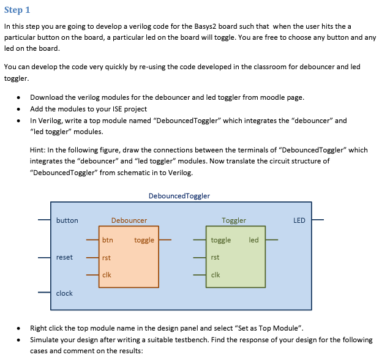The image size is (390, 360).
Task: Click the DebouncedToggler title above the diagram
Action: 179,196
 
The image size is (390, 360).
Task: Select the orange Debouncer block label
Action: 129,220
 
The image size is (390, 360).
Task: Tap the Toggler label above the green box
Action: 234,220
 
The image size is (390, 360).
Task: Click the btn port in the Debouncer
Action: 107,241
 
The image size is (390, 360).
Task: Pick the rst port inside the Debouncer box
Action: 106,258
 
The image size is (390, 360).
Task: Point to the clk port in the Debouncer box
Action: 107,276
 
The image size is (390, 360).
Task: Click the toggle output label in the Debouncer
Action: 144,241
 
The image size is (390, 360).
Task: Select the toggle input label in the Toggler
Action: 220,241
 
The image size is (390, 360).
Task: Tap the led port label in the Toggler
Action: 253,240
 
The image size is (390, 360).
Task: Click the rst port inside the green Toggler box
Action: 214,258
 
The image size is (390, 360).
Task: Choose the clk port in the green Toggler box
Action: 215,276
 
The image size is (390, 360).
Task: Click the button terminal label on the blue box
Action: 67,220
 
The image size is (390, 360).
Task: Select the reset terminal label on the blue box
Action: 64,257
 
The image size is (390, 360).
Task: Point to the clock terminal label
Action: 64,293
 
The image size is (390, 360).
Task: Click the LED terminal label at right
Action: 299,220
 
